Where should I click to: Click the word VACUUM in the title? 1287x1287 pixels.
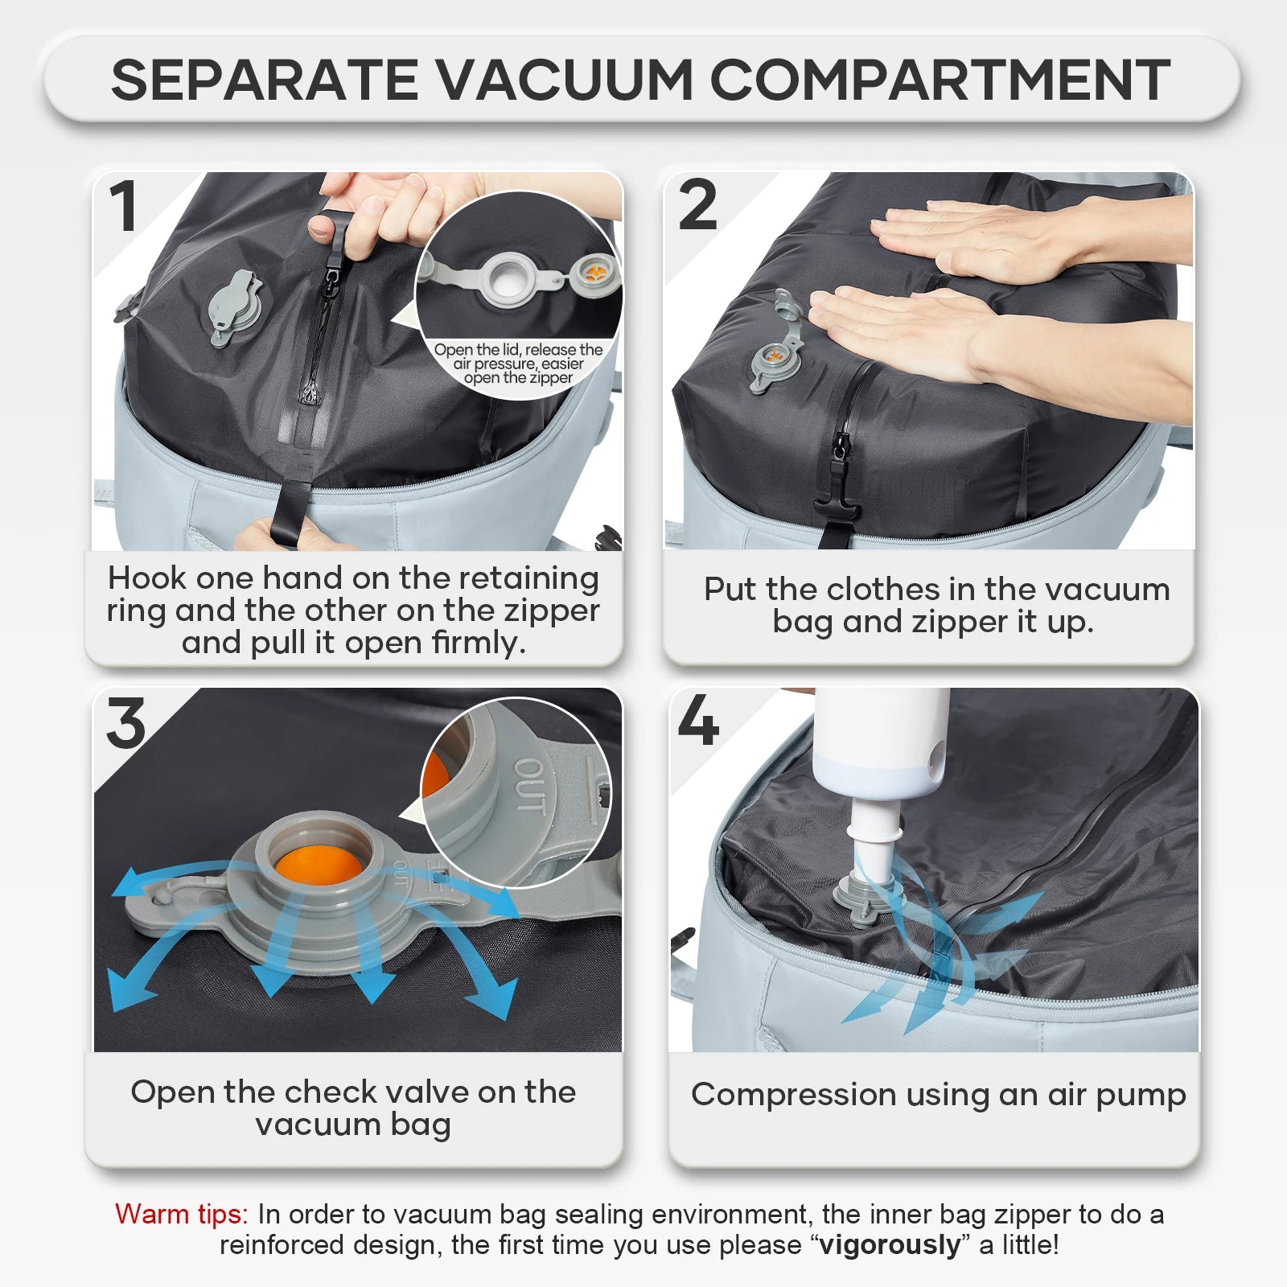(x=564, y=80)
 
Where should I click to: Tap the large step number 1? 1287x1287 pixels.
(x=124, y=207)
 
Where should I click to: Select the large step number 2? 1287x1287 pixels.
(x=697, y=205)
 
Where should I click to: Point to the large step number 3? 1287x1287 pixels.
(x=126, y=722)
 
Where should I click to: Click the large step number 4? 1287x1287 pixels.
(x=698, y=721)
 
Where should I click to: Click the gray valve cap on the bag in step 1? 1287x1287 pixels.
(x=234, y=306)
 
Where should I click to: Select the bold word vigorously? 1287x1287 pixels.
(x=890, y=1244)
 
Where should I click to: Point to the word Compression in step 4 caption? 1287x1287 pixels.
(x=793, y=1095)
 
